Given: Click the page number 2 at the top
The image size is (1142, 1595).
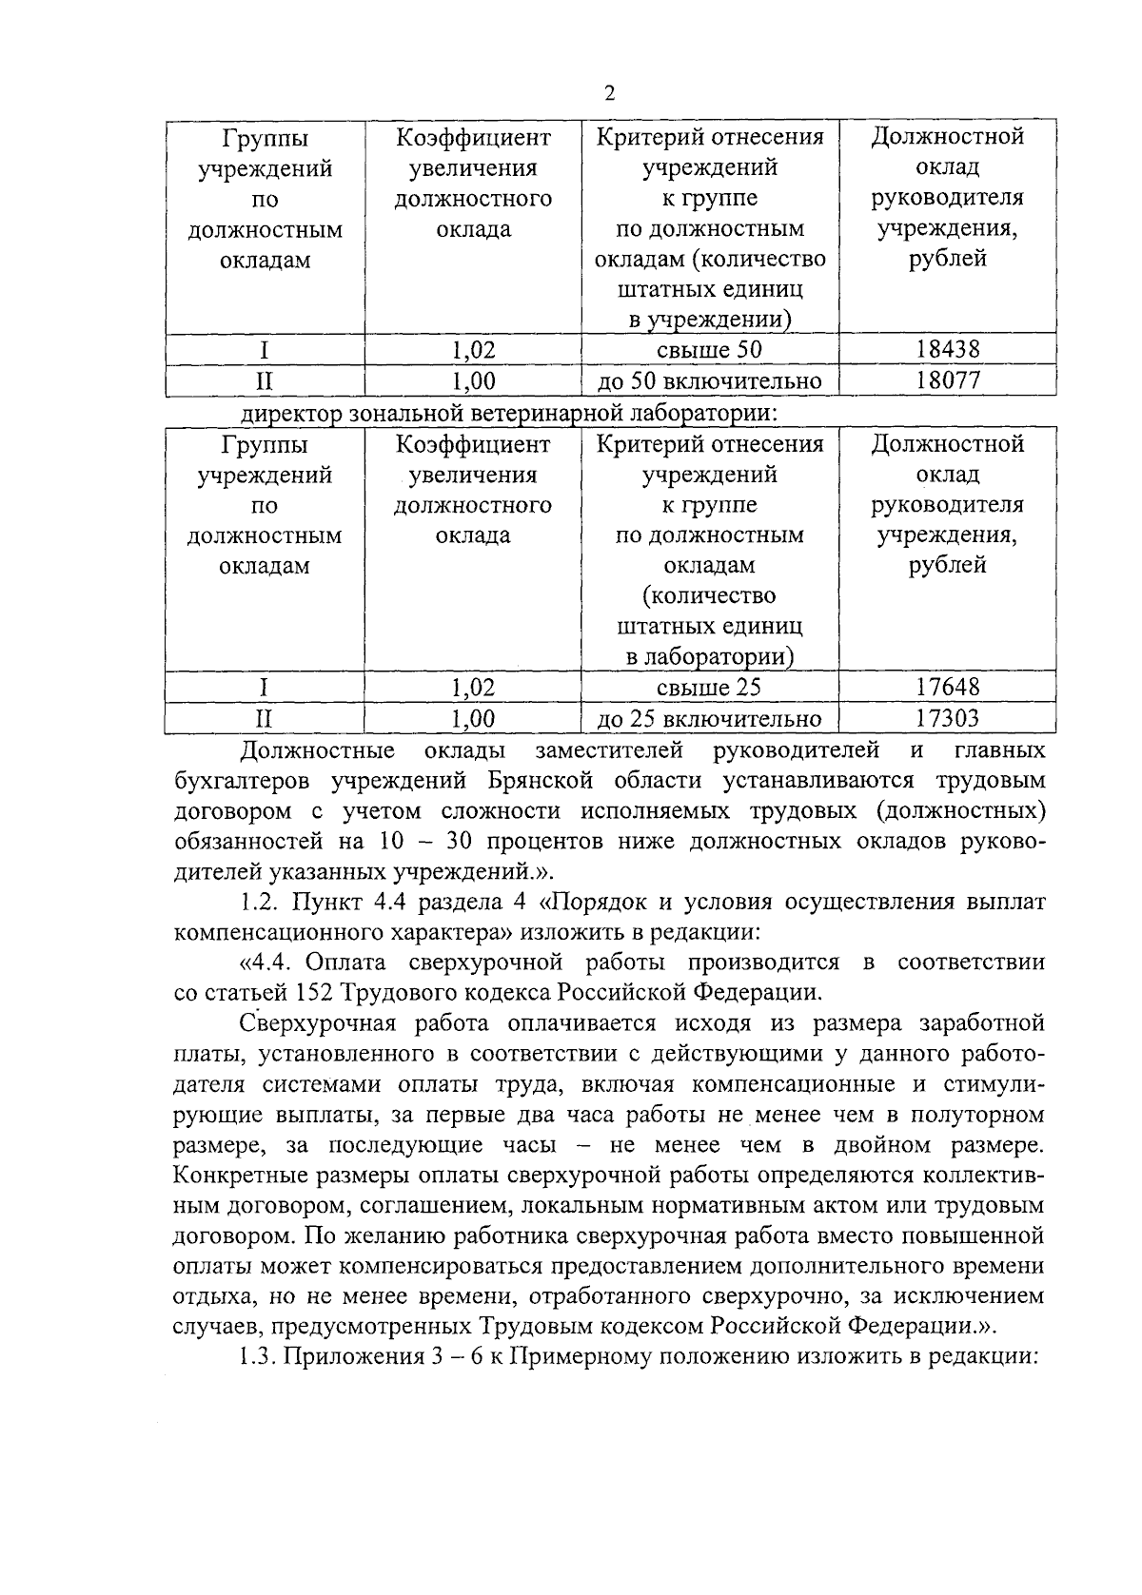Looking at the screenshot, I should [609, 92].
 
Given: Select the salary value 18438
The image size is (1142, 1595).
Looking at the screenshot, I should [947, 349].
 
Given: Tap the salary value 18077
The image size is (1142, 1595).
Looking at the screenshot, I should [947, 381].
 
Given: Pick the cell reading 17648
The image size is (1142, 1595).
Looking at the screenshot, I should [947, 687].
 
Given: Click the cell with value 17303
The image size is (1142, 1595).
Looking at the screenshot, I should [947, 719].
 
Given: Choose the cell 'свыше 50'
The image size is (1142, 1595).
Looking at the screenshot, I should [709, 349].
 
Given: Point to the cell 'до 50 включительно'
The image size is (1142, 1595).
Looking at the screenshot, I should [709, 381].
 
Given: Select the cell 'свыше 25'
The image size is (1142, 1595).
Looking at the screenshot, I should [709, 687].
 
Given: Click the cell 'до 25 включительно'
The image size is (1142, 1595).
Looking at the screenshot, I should [709, 719].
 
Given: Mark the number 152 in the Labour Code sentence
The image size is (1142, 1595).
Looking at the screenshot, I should [295, 993].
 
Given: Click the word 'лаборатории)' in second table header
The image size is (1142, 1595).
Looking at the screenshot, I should [709, 656].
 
